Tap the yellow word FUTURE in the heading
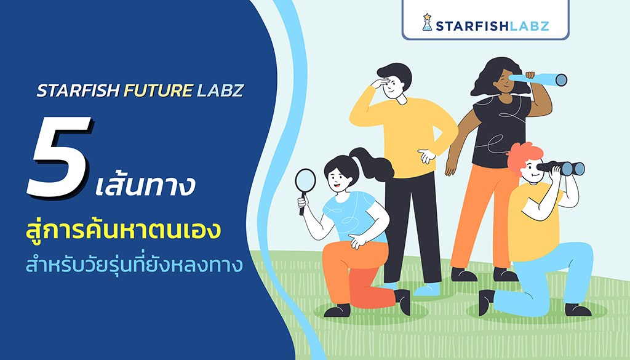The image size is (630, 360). pyautogui.click(x=158, y=91)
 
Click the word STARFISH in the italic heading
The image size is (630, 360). pyautogui.click(x=78, y=91)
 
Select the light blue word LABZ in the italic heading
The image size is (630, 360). pyautogui.click(x=220, y=91)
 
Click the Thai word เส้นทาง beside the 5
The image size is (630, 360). pyautogui.click(x=145, y=185)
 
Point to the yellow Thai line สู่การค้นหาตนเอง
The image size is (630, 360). pyautogui.click(x=123, y=228)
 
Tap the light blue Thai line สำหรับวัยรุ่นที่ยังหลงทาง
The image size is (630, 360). pyautogui.click(x=134, y=263)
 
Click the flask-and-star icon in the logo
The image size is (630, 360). pyautogui.click(x=427, y=22)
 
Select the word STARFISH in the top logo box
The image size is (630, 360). pyautogui.click(x=468, y=26)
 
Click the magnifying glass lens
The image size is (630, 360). pyautogui.click(x=305, y=180)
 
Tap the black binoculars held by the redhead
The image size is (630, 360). pyautogui.click(x=562, y=168)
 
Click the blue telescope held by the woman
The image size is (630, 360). pyautogui.click(x=538, y=79)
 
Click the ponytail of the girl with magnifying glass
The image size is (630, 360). pyautogui.click(x=372, y=163)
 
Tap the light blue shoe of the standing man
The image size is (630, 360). pyautogui.click(x=427, y=289)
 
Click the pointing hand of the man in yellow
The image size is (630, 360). pyautogui.click(x=427, y=156)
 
